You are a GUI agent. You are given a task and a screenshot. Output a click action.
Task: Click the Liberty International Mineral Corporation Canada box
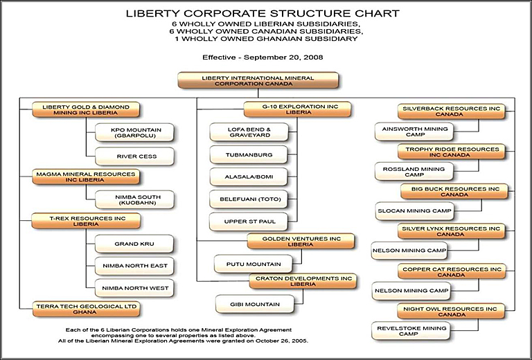[x=258, y=80]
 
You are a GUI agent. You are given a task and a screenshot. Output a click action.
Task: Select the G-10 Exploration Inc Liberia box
[x=297, y=109]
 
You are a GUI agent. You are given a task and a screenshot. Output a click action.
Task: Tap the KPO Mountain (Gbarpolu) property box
[x=134, y=132]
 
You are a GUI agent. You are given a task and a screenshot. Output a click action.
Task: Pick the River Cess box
[x=134, y=156]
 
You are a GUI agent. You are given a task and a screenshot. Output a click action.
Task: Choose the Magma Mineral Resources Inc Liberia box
[x=86, y=177]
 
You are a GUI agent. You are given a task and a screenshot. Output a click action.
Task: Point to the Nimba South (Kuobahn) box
[x=134, y=199]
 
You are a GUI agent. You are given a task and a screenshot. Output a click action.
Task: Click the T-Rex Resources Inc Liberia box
[x=86, y=221]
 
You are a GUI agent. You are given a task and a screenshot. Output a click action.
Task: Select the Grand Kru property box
[x=134, y=244]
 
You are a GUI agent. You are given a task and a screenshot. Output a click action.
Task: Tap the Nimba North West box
[x=134, y=288]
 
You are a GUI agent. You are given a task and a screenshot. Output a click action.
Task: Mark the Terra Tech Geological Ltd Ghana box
[x=86, y=309]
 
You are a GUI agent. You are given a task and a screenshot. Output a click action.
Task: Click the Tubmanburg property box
[x=249, y=154]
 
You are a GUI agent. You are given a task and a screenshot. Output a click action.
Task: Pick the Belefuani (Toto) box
[x=249, y=199]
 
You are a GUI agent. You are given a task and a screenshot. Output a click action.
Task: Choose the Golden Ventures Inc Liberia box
[x=301, y=242]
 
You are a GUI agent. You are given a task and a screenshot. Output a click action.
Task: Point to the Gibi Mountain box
[x=255, y=304]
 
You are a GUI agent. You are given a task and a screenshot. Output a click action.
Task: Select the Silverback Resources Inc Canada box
[x=451, y=111]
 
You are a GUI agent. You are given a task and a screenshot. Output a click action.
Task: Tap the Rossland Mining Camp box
[x=414, y=172]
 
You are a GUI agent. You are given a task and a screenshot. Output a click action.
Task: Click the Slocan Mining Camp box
[x=415, y=211]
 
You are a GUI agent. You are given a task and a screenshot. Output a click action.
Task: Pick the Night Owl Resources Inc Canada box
[x=451, y=311]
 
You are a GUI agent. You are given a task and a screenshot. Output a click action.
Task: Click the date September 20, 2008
[x=283, y=57]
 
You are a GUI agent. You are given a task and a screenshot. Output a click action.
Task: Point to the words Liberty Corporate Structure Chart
[x=263, y=14]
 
